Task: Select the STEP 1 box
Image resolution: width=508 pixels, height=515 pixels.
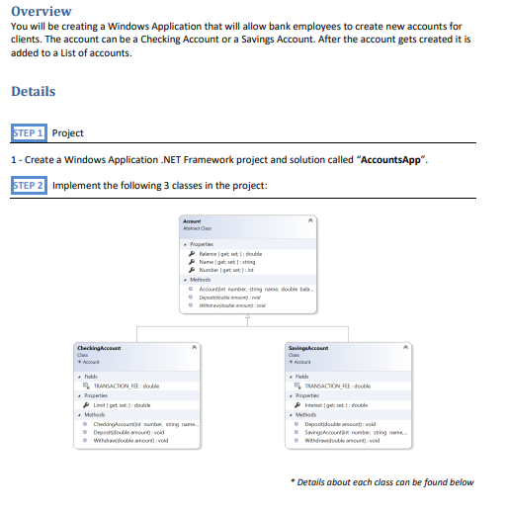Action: (x=28, y=132)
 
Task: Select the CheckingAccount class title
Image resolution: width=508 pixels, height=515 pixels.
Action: (x=99, y=348)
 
